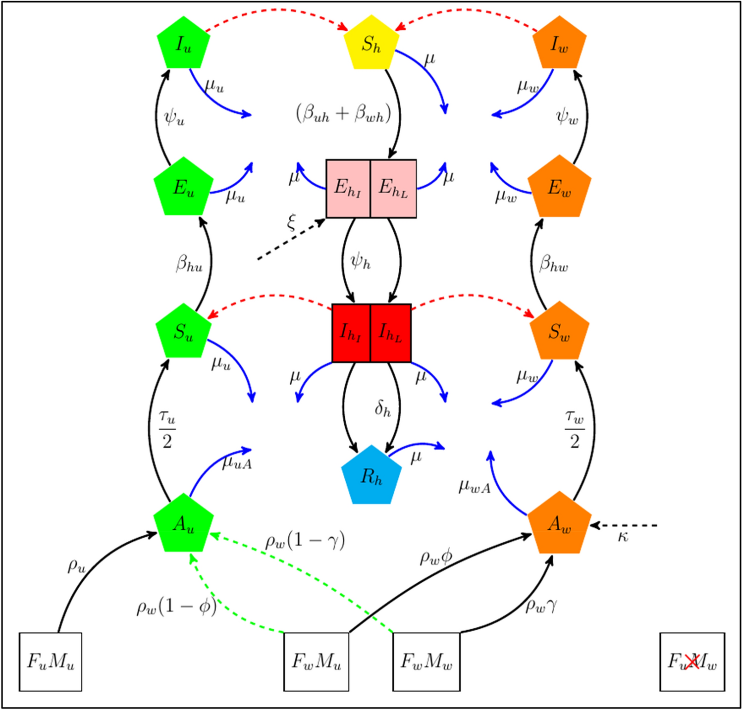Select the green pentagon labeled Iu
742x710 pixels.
183,44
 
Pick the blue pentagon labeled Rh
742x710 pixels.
371,476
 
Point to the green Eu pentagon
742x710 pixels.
183,188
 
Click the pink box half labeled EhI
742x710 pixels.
348,189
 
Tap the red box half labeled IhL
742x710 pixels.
391,333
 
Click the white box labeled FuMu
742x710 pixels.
51,661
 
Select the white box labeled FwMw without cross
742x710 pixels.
426,661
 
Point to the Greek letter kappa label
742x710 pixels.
623,537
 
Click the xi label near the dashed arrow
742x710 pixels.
291,222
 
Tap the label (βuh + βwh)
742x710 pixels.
343,113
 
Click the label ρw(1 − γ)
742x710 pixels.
305,541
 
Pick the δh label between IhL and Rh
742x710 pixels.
382,408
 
